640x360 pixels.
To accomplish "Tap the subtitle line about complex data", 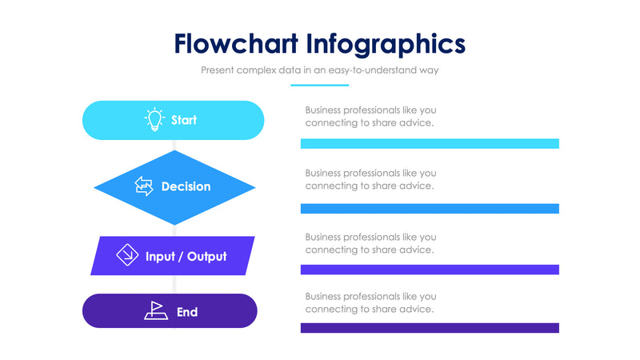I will (x=320, y=70).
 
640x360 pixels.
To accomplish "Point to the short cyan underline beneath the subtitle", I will (x=320, y=85).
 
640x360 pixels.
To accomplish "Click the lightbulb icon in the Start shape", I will (x=154, y=120).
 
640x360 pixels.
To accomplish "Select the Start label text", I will (x=184, y=120).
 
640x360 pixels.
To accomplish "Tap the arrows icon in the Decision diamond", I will (x=144, y=186).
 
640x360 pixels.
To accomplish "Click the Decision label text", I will (x=186, y=186).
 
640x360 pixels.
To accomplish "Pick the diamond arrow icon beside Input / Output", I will (x=127, y=256).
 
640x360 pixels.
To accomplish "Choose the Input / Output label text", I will (x=186, y=257).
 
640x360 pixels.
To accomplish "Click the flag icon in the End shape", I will (x=155, y=310).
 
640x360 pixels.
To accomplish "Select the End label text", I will (x=187, y=311).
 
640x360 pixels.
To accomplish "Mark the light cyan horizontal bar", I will (x=430, y=144).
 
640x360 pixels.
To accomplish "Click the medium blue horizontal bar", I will (x=430, y=209).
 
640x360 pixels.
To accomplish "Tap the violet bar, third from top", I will (x=430, y=270).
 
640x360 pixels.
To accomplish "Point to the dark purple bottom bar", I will (x=430, y=328).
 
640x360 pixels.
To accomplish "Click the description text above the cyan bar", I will (x=370, y=116).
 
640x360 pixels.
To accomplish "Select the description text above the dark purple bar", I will (x=370, y=302).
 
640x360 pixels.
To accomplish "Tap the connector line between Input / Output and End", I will (x=174, y=284).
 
